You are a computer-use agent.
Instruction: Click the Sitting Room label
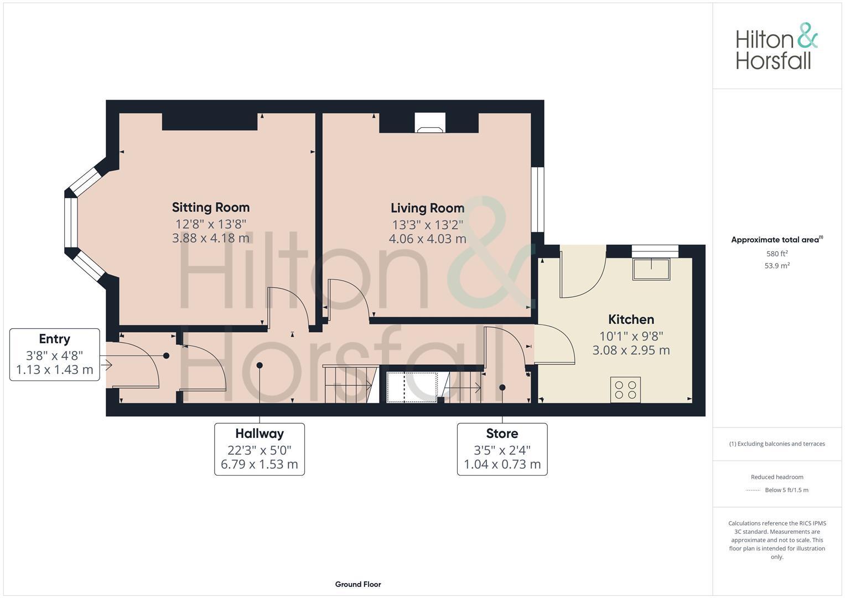210,207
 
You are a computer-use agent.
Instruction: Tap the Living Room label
427,208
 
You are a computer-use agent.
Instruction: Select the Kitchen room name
631,319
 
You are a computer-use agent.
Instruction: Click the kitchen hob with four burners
625,390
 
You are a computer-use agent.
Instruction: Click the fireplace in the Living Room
429,124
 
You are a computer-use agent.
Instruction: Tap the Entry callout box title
54,339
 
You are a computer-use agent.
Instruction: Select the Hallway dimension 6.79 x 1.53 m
259,465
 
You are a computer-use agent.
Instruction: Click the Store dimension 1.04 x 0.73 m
502,465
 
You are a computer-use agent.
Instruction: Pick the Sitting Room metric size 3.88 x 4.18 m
210,239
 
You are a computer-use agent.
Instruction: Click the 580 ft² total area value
777,254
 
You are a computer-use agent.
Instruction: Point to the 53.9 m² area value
777,266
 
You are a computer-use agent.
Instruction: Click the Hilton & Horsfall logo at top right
776,47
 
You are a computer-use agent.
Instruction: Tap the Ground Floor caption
358,584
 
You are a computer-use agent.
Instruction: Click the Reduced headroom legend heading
777,477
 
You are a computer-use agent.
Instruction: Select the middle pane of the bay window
71,222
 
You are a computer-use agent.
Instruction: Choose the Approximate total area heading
776,240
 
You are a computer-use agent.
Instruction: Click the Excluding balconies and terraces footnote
777,444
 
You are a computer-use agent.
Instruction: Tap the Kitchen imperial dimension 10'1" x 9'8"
631,336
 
